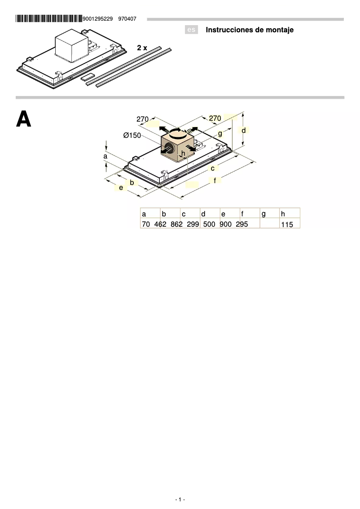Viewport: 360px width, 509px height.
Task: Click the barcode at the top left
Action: [x=48, y=19]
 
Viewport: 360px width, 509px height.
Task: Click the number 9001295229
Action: [x=98, y=19]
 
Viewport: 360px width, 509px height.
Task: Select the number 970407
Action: [x=127, y=19]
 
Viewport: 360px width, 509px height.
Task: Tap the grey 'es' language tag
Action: [x=191, y=30]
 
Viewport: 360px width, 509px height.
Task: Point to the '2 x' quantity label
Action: [x=142, y=47]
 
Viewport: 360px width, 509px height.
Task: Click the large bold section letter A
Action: [x=24, y=119]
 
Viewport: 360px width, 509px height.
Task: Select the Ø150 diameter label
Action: [x=132, y=136]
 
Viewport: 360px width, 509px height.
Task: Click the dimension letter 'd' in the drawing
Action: [x=243, y=130]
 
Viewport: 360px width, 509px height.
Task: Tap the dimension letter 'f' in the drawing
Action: [x=215, y=180]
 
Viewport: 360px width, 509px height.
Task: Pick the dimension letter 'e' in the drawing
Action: [x=121, y=188]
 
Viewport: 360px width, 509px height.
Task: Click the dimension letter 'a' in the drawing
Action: [x=105, y=156]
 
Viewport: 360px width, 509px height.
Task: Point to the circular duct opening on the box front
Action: [x=169, y=149]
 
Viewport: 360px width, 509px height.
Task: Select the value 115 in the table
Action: [x=287, y=224]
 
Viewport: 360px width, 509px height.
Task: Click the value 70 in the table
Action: [x=145, y=224]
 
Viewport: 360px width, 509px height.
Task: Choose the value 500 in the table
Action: [x=209, y=224]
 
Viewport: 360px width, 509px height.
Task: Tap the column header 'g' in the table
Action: [x=263, y=214]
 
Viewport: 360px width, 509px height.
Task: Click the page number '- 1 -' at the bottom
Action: [x=180, y=500]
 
